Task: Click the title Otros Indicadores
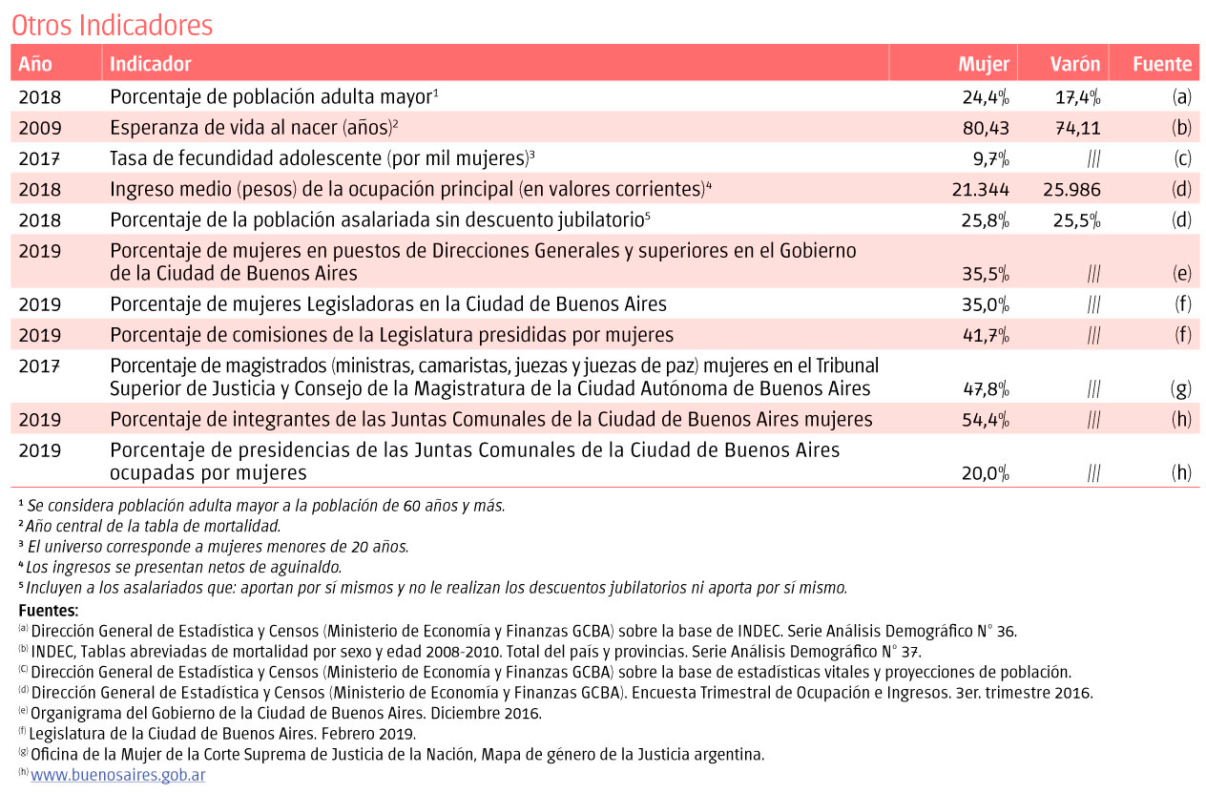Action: (x=112, y=25)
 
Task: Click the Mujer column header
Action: (x=984, y=64)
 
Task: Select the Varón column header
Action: (x=1075, y=64)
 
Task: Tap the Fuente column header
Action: (x=1162, y=64)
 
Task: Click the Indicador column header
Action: (x=151, y=64)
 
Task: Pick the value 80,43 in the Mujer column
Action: (x=984, y=128)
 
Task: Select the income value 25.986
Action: (x=1072, y=189)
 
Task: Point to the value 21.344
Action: (x=981, y=189)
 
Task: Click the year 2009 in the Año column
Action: (x=39, y=128)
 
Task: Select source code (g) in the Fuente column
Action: (x=1181, y=389)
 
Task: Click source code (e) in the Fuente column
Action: (x=1182, y=274)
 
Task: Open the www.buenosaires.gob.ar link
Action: (x=118, y=775)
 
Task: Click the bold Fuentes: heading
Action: (x=49, y=610)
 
